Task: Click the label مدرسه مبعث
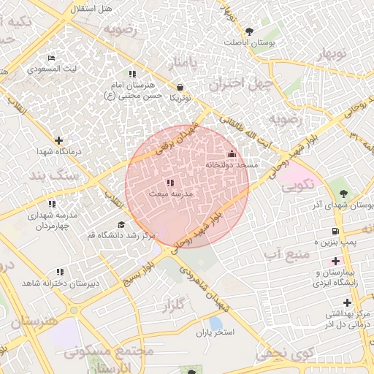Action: click(x=169, y=194)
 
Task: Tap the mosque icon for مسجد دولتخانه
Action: click(x=232, y=154)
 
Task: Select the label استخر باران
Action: click(x=214, y=333)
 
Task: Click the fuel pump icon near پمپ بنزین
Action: click(x=335, y=230)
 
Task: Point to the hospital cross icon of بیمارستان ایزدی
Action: click(x=335, y=260)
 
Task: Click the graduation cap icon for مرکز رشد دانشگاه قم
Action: click(x=121, y=224)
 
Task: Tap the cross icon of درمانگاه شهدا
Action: click(x=58, y=140)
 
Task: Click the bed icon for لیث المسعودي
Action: click(x=50, y=58)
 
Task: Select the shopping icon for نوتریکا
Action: click(x=180, y=86)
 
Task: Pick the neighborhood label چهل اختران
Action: click(x=240, y=83)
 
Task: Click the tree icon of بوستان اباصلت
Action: click(x=249, y=31)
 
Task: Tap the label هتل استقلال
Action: click(x=88, y=9)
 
